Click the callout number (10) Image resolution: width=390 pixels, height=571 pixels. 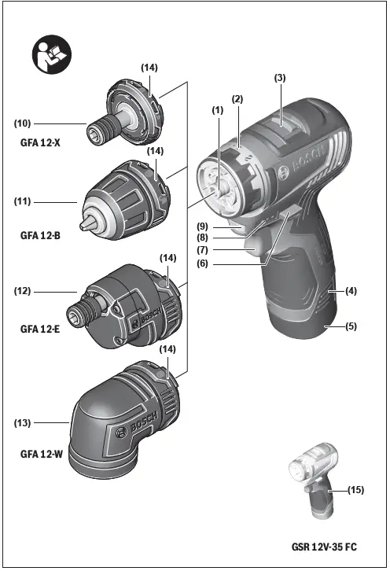coord(22,123)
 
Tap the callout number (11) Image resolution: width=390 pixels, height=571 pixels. coord(22,202)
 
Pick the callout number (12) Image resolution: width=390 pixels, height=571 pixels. coord(22,292)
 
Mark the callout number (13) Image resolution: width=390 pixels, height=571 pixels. coord(22,423)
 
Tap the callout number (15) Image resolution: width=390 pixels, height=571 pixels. coord(355,490)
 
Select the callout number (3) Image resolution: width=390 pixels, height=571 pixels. coord(278,77)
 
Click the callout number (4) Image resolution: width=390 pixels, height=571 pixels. coord(351,291)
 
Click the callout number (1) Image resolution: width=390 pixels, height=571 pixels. coord(218,110)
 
